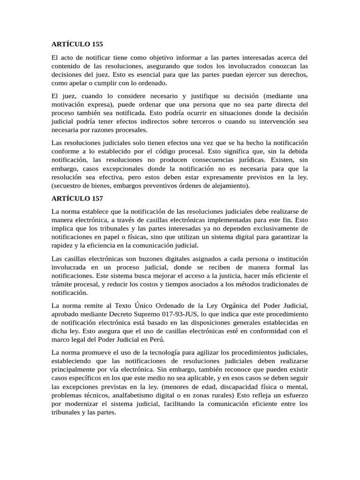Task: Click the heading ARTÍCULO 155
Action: pos(77,44)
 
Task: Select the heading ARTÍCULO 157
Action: pos(77,199)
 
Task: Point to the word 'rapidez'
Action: pos(62,245)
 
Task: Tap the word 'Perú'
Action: pos(156,339)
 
